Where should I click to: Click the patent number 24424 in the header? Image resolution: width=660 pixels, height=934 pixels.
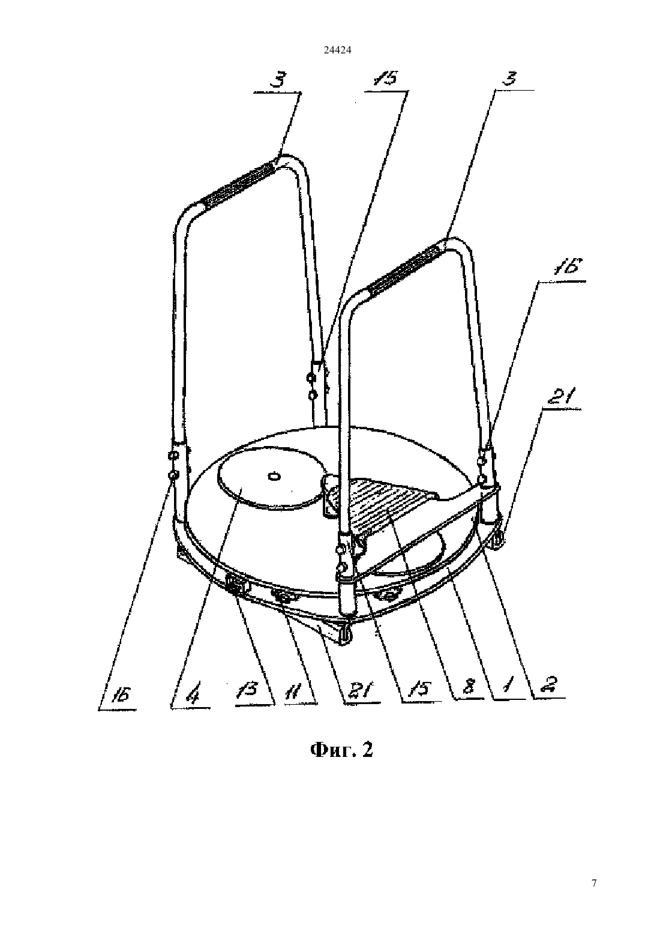pos(337,50)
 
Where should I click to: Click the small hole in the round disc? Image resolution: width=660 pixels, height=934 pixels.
pos(274,476)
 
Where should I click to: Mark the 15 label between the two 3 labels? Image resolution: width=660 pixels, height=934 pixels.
pos(385,78)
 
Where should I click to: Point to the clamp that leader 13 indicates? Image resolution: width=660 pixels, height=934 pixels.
pos(235,583)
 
